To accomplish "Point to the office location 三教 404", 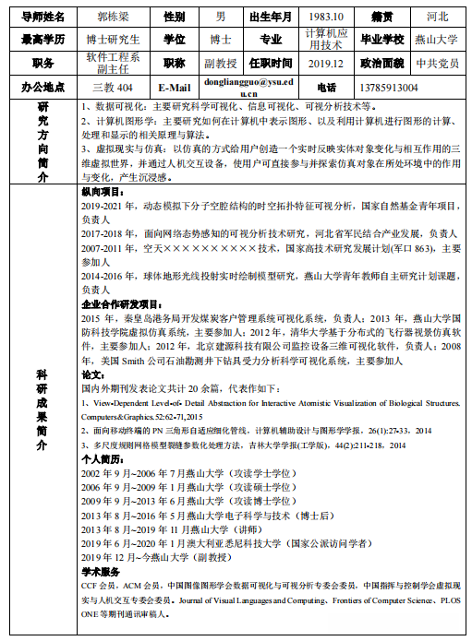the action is click(x=113, y=88).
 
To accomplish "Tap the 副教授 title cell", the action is click(x=220, y=64).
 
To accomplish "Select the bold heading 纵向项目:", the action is click(x=102, y=192).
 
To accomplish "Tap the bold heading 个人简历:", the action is click(x=102, y=457).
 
